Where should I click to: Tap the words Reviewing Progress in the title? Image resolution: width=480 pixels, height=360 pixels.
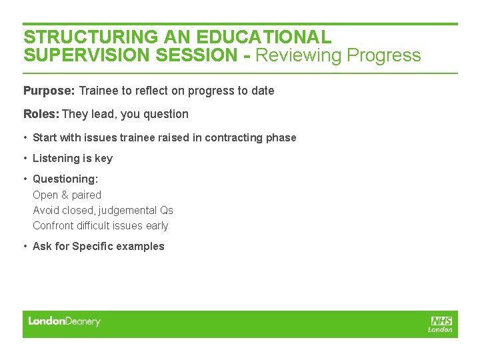coord(338,55)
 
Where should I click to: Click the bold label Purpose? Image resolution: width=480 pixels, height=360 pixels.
coord(49,91)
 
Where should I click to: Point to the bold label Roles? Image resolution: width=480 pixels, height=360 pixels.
coord(41,114)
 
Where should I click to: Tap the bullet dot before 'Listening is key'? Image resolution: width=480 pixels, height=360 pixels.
coord(25,159)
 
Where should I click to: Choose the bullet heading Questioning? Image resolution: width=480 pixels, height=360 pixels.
coord(65,179)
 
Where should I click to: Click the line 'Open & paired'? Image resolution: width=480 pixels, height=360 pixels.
coord(67,195)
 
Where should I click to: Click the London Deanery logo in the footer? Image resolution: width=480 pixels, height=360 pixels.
coord(64,322)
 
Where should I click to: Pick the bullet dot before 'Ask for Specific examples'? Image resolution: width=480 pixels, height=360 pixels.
coord(25,247)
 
